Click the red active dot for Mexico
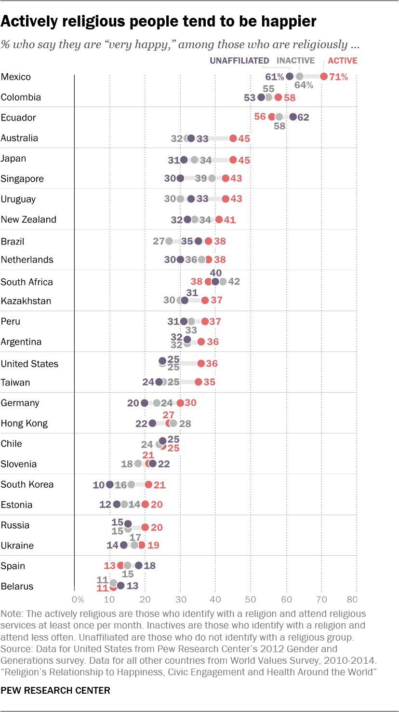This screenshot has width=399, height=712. pos(324,76)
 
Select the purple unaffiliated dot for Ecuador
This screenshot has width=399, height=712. pos(293,117)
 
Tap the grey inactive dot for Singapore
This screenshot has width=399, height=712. pos(212,178)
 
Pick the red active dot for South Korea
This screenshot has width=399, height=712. pos(148,484)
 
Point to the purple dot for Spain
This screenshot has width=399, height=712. pos(139,565)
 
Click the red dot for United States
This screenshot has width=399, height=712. pos(201,363)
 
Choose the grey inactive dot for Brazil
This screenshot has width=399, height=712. pos(169,241)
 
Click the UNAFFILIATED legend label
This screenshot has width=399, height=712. pos(239,61)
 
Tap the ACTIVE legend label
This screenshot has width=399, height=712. pos(343,61)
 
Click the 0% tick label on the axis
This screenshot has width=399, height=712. pos(77,600)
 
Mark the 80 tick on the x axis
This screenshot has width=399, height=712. pos(352,600)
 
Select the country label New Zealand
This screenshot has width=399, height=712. pos(28,219)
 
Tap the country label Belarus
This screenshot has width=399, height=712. pos(17,586)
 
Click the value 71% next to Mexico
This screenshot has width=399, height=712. pos(338,77)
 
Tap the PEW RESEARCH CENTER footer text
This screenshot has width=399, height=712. pos(55,690)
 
